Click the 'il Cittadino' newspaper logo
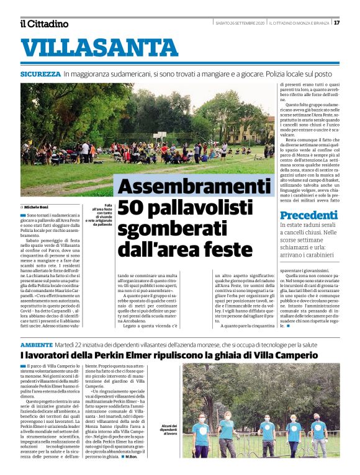pyautogui.click(x=44, y=24)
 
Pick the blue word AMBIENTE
pyautogui.click(x=40, y=344)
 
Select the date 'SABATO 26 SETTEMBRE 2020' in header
pyautogui.click(x=240, y=24)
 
